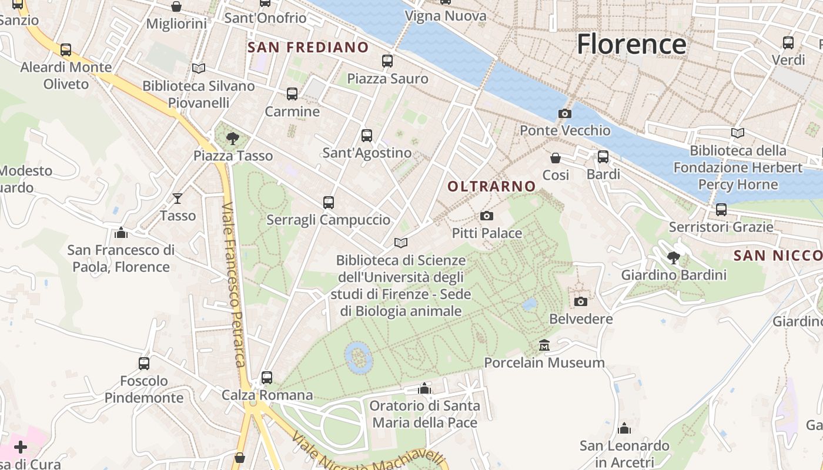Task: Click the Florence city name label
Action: (631, 45)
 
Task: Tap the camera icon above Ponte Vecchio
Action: (564, 113)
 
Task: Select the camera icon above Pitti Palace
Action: (486, 216)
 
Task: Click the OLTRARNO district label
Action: (491, 187)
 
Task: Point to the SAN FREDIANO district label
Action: (308, 48)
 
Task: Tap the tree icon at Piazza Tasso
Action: (233, 139)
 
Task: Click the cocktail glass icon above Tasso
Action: (178, 199)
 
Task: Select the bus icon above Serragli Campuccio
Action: (328, 203)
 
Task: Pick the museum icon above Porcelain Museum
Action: (544, 345)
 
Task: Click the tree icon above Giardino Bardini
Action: (674, 257)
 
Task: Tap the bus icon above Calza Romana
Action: (267, 377)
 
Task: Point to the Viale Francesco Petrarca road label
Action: (233, 285)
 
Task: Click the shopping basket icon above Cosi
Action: (555, 158)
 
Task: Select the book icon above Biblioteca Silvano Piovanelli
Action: (199, 69)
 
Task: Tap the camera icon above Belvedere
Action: (580, 301)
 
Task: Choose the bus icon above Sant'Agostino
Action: (367, 136)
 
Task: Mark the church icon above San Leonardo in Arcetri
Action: (624, 428)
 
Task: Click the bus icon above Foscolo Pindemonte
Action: (144, 363)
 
